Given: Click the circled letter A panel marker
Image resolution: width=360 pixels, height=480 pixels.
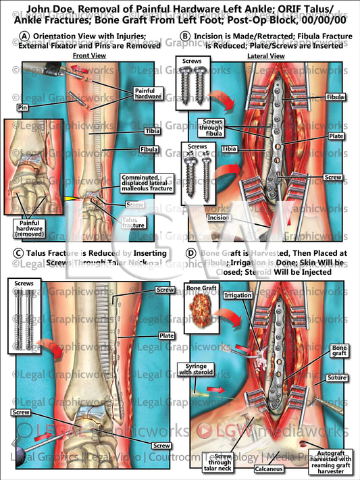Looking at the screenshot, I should click(x=24, y=36).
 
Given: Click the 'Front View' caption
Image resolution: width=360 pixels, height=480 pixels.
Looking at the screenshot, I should click(x=90, y=55).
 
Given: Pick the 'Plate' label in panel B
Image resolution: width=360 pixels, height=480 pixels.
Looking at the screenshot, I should click(x=336, y=136).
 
